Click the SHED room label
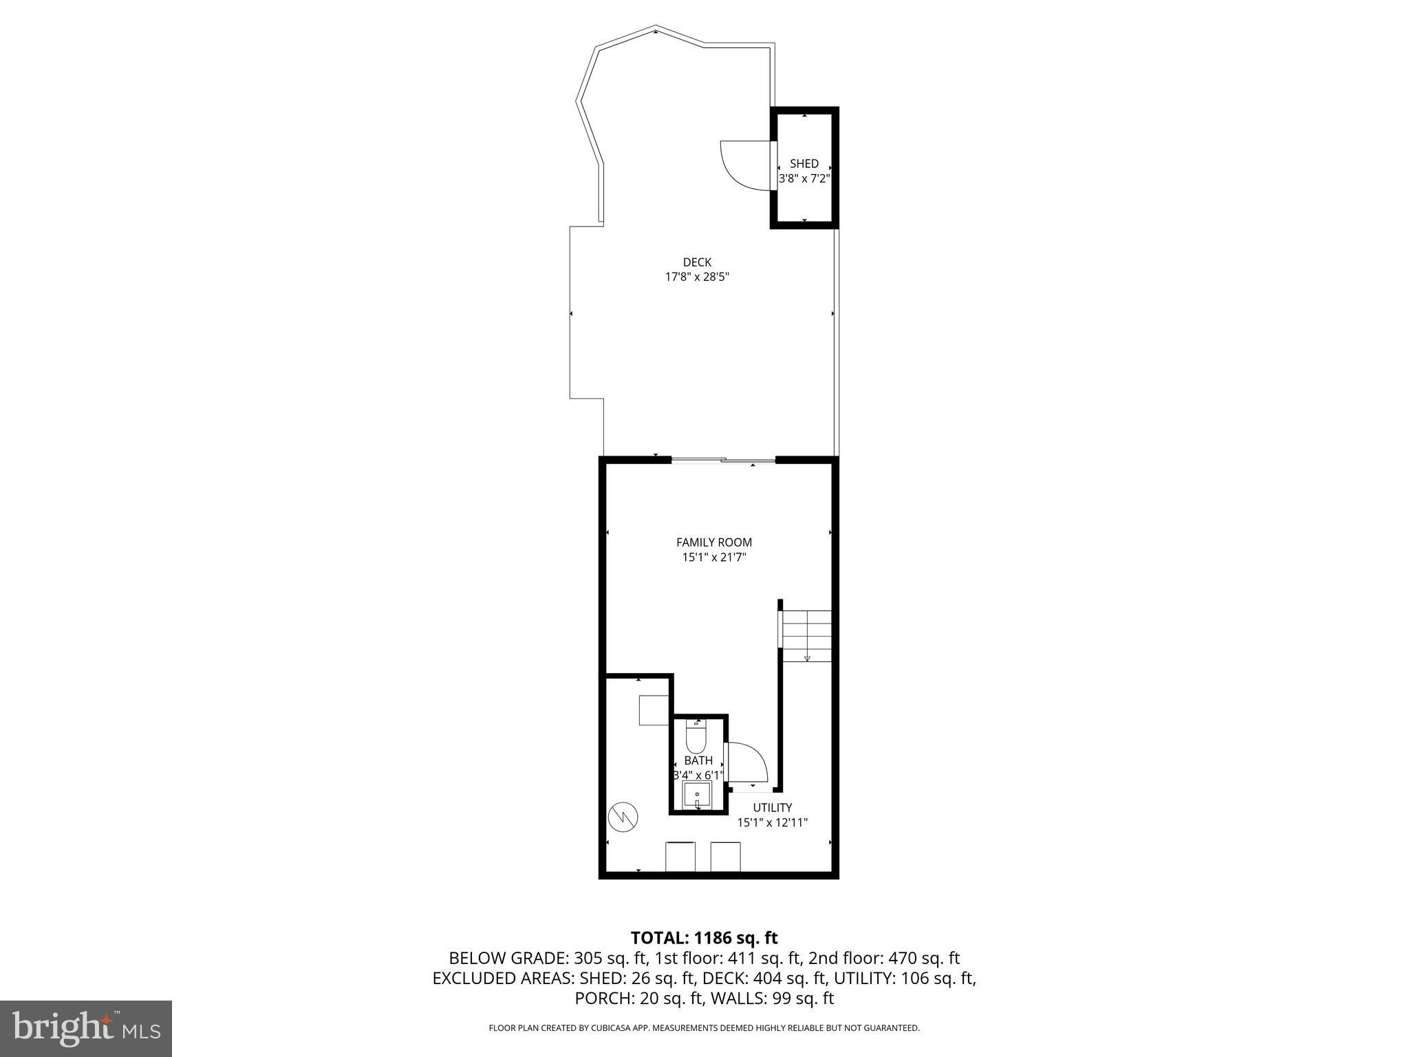[804, 164]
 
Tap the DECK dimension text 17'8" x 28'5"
[696, 277]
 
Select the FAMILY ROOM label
[714, 542]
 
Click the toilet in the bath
[696, 737]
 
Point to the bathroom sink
[696, 797]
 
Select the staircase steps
[807, 636]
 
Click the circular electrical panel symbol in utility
[623, 817]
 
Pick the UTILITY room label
[772, 807]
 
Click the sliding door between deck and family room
[723, 460]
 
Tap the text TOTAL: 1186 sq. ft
[704, 937]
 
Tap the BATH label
[698, 760]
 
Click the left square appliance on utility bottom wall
[680, 856]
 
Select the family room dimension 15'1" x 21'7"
[714, 557]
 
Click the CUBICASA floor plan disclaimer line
[704, 1028]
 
